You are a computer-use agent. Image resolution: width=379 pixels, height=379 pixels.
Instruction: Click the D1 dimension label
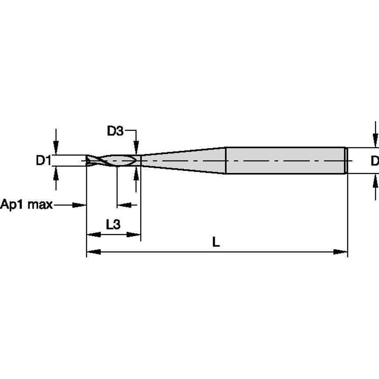(44, 161)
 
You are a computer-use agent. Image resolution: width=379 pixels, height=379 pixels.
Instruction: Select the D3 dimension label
(115, 131)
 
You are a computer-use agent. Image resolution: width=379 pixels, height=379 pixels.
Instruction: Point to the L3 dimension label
(113, 225)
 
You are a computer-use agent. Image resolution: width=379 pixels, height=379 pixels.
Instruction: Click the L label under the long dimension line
(216, 242)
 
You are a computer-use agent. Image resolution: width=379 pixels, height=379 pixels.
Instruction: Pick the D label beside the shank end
(375, 161)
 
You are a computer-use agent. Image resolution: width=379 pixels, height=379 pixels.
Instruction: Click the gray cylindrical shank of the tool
(284, 160)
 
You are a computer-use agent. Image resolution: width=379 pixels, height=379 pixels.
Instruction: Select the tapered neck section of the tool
(184, 160)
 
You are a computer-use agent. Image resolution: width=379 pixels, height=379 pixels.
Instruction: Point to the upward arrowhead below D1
(55, 173)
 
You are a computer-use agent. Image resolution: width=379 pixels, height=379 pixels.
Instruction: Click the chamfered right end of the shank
(345, 160)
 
